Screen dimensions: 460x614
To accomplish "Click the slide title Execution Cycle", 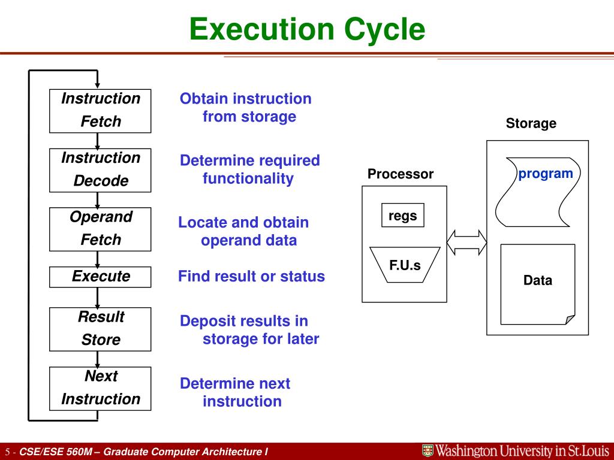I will click(x=307, y=29).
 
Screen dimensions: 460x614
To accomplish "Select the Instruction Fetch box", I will click(x=100, y=110).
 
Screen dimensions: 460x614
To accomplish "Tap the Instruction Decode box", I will click(x=100, y=170).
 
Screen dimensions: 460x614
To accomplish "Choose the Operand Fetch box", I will click(x=100, y=228).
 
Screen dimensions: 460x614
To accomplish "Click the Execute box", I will click(x=100, y=276).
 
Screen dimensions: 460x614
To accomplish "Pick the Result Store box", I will click(x=100, y=328).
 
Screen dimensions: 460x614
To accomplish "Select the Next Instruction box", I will click(x=100, y=388).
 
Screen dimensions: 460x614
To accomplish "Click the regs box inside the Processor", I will click(x=402, y=216).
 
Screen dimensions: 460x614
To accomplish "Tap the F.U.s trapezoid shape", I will click(x=405, y=265).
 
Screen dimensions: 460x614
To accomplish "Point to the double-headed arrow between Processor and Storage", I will click(x=466, y=242).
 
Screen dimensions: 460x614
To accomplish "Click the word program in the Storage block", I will click(x=545, y=174).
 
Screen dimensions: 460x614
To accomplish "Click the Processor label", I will click(x=400, y=174).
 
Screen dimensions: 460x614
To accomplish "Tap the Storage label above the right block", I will click(x=531, y=124).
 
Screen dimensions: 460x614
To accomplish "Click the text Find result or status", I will click(x=251, y=276).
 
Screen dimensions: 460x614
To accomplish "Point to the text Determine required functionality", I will click(x=249, y=170).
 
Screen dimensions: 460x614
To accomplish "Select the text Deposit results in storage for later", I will click(x=249, y=329).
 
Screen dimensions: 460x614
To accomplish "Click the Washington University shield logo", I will click(x=428, y=451).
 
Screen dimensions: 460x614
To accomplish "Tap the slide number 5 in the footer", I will click(x=8, y=452).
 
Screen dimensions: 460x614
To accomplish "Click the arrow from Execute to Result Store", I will click(x=97, y=297).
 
